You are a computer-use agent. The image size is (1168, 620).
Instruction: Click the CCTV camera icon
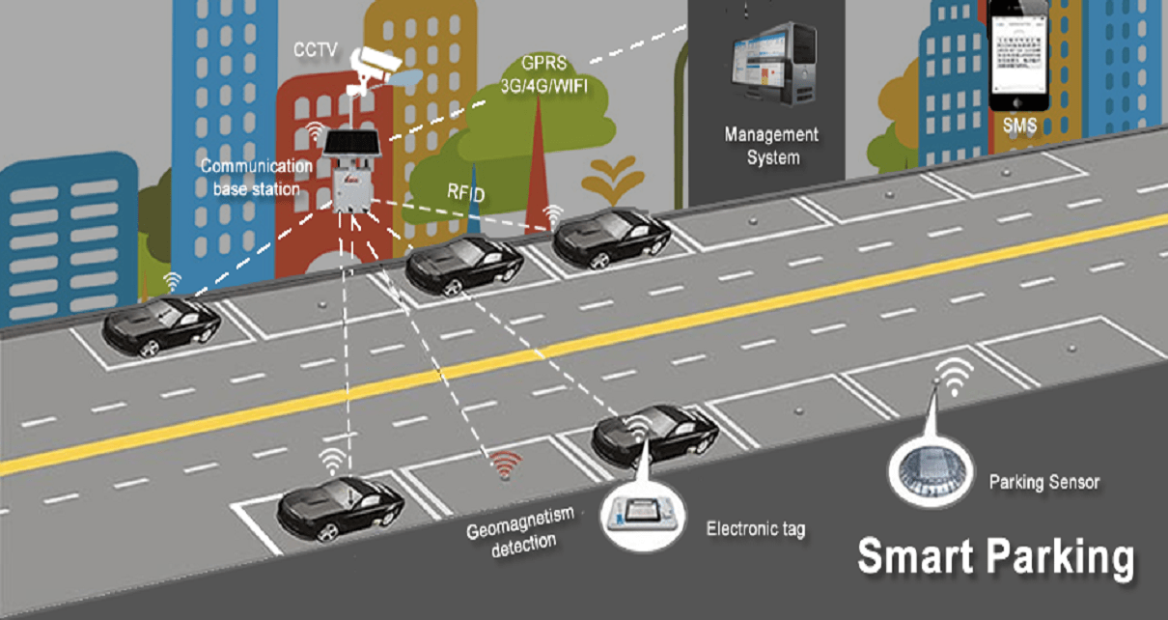[375, 65]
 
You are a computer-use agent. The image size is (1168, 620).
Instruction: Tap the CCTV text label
[317, 48]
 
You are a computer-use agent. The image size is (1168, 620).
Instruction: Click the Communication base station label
[257, 178]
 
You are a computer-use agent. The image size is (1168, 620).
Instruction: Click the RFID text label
[465, 191]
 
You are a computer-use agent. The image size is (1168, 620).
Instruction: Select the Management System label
[771, 145]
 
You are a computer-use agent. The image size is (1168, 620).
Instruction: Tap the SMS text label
[1018, 126]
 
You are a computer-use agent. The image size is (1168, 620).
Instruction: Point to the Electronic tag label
[755, 529]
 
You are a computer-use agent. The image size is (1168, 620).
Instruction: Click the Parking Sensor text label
[1044, 481]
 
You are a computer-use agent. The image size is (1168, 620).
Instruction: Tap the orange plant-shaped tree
[615, 180]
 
